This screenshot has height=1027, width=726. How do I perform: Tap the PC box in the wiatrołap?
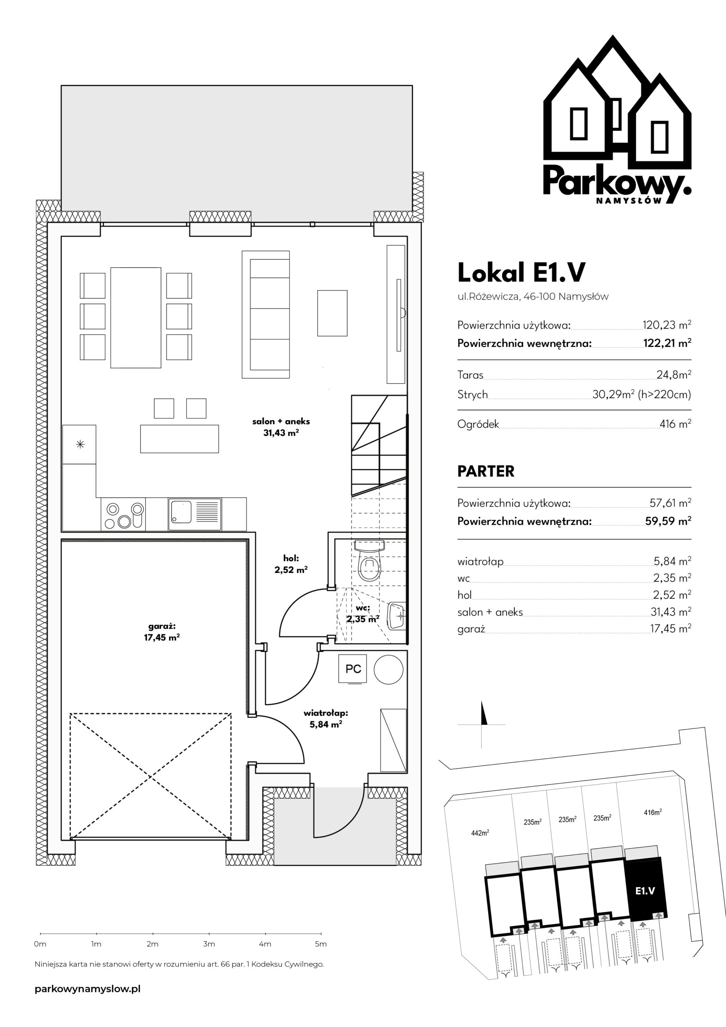[353, 669]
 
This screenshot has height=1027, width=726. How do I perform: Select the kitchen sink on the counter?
[195, 514]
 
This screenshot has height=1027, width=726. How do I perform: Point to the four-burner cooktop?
[124, 514]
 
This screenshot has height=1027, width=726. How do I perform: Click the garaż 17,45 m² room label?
[162, 632]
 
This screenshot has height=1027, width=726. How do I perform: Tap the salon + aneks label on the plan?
[281, 427]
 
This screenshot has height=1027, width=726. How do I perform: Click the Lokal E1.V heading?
[521, 272]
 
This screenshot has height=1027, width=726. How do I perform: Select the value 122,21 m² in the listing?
[667, 343]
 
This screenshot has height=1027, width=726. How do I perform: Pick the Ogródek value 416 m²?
[675, 424]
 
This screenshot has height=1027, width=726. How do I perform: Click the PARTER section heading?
[486, 471]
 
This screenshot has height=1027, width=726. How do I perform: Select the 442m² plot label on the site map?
[480, 832]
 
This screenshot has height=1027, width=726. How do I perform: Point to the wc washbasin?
[396, 616]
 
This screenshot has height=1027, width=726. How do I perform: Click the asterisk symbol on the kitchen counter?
[80, 444]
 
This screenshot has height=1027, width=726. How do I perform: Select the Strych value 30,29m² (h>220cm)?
[641, 394]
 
